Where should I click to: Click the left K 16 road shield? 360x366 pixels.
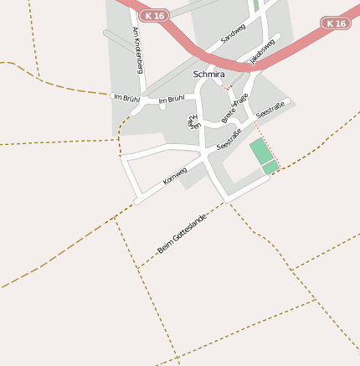tap(154, 15)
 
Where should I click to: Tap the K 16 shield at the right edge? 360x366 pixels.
tap(336, 23)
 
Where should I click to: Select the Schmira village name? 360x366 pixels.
tap(208, 75)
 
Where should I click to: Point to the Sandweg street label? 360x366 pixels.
tap(234, 34)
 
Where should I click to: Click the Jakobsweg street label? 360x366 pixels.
tap(262, 49)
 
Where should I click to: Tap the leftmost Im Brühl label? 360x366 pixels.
tap(126, 98)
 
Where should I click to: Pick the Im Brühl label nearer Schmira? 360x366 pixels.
tap(172, 100)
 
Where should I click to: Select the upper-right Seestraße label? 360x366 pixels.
tap(270, 108)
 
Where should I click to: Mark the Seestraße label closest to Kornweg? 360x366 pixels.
tap(229, 141)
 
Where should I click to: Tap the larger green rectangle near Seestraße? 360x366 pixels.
tap(261, 152)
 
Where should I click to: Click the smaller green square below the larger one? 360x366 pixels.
tap(270, 168)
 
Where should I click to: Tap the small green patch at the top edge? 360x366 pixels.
tap(256, 5)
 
